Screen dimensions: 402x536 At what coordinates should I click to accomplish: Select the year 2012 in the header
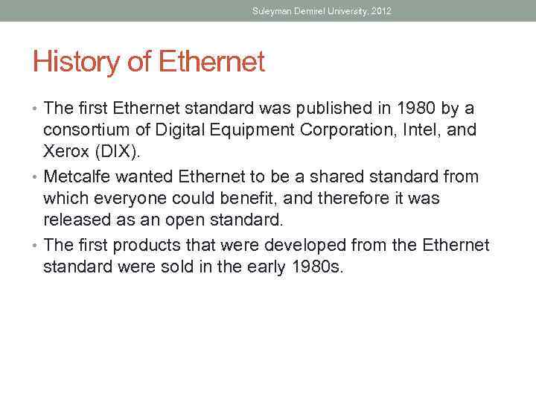click(x=380, y=11)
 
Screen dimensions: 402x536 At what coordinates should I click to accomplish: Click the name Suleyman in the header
click(x=272, y=11)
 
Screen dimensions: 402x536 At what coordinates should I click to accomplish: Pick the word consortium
click(x=89, y=131)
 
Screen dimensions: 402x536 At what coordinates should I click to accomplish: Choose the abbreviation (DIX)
click(x=116, y=153)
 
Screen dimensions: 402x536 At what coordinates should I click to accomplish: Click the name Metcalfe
click(x=80, y=177)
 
